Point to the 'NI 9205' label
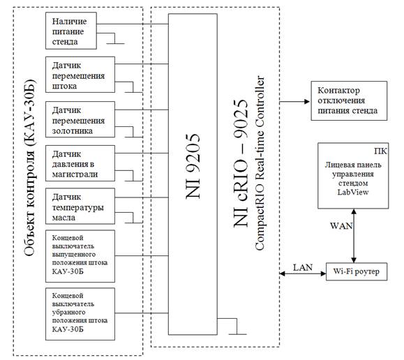tap(193, 166)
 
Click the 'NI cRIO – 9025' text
tap(241, 163)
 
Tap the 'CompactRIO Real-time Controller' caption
tap(260, 163)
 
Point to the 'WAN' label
tap(341, 226)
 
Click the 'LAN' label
tap(303, 267)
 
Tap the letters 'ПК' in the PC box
tap(380, 151)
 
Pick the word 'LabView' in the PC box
tap(353, 193)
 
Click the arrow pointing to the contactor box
tap(294, 102)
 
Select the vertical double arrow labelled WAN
tap(354, 236)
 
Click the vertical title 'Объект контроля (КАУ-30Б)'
tap(30, 167)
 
